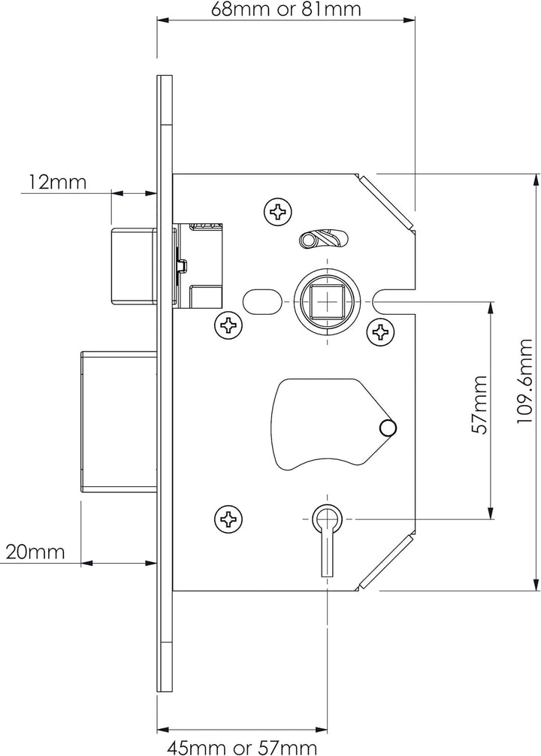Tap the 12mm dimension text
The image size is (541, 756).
(x=58, y=182)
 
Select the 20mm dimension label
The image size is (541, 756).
(x=35, y=552)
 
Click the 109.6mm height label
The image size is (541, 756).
(x=526, y=382)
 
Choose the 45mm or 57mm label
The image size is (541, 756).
(x=242, y=745)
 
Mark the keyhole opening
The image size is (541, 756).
(x=327, y=526)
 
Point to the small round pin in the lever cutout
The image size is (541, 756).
(x=388, y=428)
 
